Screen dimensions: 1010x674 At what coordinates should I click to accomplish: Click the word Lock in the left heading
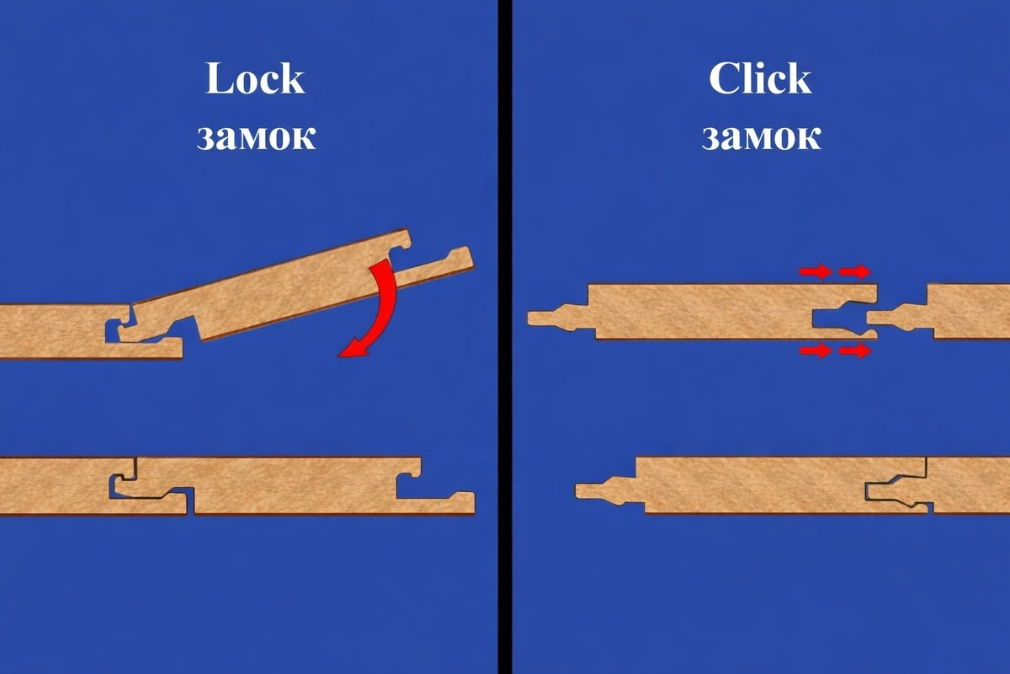(255, 78)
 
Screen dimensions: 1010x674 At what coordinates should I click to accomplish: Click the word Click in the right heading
(760, 78)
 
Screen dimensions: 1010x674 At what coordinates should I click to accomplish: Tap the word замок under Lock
(256, 136)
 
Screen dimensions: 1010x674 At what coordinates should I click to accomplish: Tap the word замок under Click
(761, 136)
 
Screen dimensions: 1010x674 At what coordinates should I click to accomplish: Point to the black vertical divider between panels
(505, 337)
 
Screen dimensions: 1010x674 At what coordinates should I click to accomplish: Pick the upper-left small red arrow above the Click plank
(816, 272)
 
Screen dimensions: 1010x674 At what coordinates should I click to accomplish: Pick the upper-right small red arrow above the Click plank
(855, 272)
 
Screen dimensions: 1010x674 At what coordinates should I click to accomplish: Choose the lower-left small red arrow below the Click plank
(816, 350)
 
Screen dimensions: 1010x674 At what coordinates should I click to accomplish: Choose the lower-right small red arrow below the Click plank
(855, 350)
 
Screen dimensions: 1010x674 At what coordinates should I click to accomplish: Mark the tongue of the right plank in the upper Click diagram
(897, 316)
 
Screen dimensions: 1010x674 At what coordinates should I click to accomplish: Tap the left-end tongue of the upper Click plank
(558, 316)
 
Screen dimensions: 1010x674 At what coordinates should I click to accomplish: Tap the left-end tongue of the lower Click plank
(605, 489)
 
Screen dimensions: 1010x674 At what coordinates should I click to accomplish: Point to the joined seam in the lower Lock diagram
(153, 487)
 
